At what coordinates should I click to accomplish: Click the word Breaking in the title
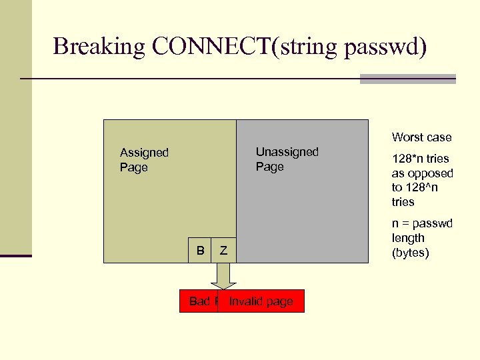99,47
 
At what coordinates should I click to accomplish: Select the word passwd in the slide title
385,47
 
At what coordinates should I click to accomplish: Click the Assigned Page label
144,160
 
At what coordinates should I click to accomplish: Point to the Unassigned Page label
287,159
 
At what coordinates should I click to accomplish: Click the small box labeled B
200,250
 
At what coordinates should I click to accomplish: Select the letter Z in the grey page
224,250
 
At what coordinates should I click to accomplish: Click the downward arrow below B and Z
223,275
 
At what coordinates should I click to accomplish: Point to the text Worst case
421,137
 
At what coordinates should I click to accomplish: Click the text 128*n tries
420,159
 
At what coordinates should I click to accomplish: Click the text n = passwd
422,223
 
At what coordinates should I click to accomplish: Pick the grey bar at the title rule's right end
407,79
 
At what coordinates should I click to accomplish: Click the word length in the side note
408,238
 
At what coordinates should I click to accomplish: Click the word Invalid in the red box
243,301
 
